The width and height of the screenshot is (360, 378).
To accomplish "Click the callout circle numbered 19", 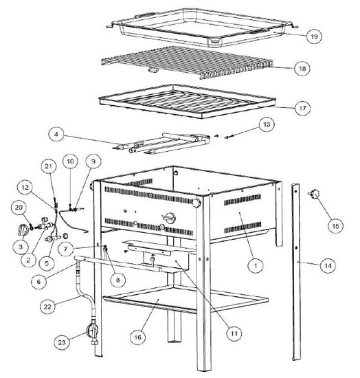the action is tap(314, 36).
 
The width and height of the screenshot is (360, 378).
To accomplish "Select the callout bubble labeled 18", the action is tap(302, 68).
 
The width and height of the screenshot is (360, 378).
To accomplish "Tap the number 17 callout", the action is tap(302, 108).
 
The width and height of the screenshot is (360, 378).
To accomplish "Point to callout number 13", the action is tap(267, 124).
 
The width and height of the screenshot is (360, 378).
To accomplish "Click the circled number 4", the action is tap(56, 134).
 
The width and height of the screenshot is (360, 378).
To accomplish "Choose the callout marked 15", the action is tap(335, 226).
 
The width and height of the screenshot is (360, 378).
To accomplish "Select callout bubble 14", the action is tap(328, 265).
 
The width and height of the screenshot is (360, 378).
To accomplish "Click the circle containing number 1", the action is tap(256, 265).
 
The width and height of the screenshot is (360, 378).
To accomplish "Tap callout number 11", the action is tap(234, 333).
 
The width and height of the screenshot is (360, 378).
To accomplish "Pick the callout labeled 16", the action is tap(137, 337).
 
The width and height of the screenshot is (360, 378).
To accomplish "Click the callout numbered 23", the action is tap(62, 342).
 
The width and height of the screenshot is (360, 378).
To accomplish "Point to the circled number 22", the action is tap(47, 307).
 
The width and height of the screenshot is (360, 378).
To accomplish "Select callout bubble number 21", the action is tap(49, 166).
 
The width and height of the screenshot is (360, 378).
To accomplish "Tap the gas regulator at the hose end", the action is tap(93, 332).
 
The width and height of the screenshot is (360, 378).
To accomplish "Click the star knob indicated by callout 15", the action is tap(313, 194).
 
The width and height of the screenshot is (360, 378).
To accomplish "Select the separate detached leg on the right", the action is tap(296, 272).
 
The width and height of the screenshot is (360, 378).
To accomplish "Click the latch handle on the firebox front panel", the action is tap(170, 218).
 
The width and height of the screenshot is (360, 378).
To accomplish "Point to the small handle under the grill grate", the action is tap(153, 70).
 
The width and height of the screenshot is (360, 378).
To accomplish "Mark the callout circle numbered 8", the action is tap(117, 280).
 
